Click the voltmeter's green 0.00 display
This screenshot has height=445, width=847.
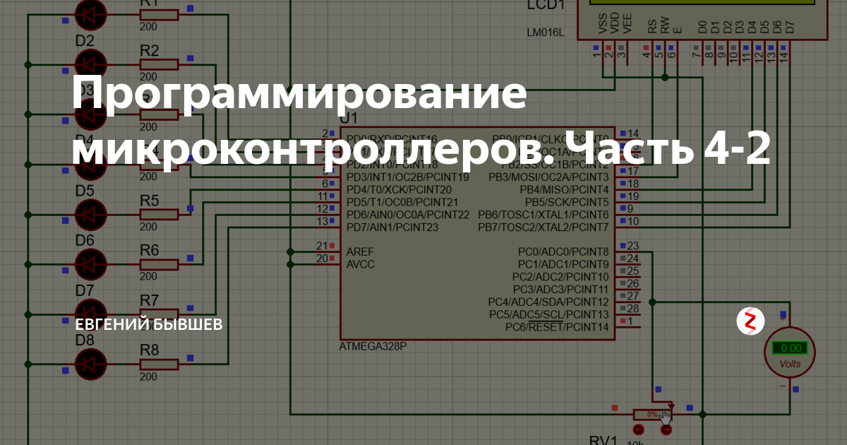[x=789, y=348]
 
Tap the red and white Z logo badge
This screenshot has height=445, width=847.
[x=750, y=322]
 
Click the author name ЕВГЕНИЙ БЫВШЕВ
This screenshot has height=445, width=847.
[x=149, y=324]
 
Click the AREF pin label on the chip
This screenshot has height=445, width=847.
[x=361, y=251]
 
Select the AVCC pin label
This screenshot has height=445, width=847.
[x=361, y=264]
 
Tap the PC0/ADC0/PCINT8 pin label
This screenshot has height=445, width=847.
[x=563, y=251]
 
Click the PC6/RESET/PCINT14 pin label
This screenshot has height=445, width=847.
[x=556, y=327]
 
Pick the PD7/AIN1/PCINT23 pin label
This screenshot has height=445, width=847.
[x=392, y=227]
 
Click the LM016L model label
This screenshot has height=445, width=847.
[x=545, y=32]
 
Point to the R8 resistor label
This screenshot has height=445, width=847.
[x=150, y=350]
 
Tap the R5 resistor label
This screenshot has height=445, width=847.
[x=150, y=200]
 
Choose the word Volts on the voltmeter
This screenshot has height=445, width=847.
[x=790, y=364]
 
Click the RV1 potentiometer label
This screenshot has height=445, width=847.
[x=603, y=439]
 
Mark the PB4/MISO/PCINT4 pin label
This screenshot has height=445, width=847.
[x=564, y=189]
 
